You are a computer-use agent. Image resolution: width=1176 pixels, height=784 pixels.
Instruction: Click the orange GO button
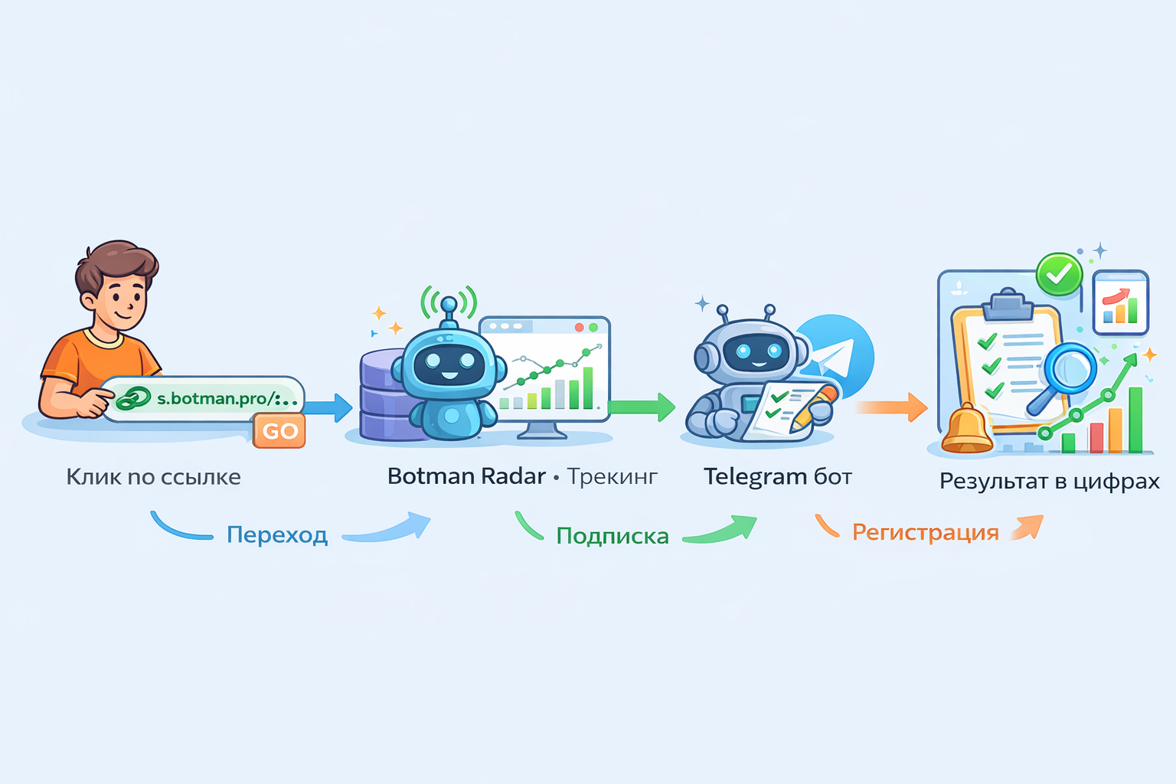279,431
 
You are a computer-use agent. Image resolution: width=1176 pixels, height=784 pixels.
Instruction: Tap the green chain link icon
133,398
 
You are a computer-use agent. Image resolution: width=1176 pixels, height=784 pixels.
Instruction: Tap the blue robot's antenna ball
449,305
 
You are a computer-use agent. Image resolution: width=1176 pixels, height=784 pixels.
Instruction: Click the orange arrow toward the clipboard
893,407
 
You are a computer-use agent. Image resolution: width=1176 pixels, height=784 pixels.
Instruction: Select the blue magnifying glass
1068,371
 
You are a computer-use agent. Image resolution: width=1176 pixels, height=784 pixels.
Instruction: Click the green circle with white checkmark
1059,273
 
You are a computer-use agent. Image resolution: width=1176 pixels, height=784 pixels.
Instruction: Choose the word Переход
277,534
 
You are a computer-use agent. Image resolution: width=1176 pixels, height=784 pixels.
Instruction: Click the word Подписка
612,536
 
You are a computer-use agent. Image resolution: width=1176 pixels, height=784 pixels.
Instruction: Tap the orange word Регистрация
925,532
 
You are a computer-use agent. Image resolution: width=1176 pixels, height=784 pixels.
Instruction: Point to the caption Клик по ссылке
153,477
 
